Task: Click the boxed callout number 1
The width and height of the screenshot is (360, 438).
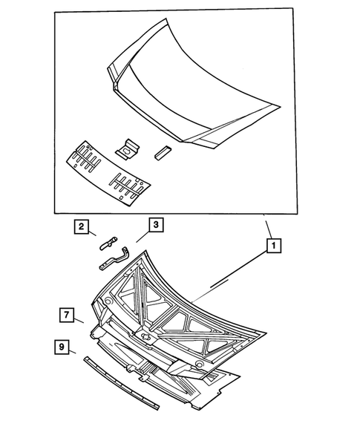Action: pyautogui.click(x=273, y=243)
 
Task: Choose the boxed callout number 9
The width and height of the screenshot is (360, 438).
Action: pyautogui.click(x=62, y=347)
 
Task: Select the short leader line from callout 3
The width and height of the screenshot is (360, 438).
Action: pyautogui.click(x=140, y=236)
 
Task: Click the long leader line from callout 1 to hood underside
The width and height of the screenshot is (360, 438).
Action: pyautogui.click(x=238, y=273)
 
